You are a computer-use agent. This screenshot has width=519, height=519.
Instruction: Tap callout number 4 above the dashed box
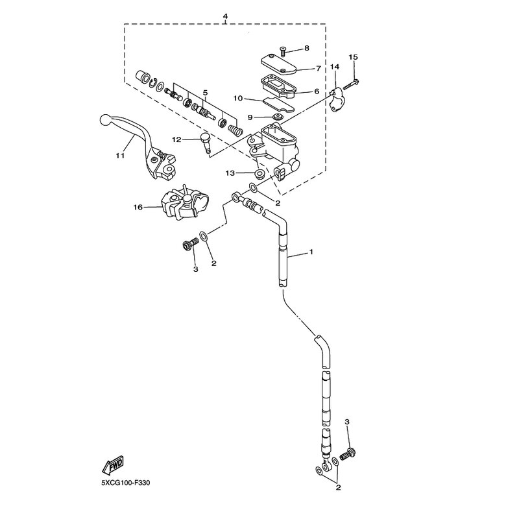point(225,16)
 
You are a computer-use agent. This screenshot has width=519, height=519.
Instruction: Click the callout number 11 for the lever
point(120,155)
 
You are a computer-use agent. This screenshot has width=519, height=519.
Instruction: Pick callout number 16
point(138,207)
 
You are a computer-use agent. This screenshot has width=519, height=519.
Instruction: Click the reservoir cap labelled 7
point(278,66)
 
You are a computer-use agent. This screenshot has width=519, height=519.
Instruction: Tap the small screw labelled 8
point(282,51)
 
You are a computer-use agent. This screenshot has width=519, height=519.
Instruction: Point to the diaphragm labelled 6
point(279,86)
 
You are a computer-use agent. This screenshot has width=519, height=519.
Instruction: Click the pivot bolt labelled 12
point(206,142)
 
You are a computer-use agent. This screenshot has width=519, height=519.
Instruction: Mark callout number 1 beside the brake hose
point(311,252)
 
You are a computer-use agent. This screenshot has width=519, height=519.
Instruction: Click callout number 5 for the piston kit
point(205,92)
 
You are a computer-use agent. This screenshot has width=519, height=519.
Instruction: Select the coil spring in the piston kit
point(235,128)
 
